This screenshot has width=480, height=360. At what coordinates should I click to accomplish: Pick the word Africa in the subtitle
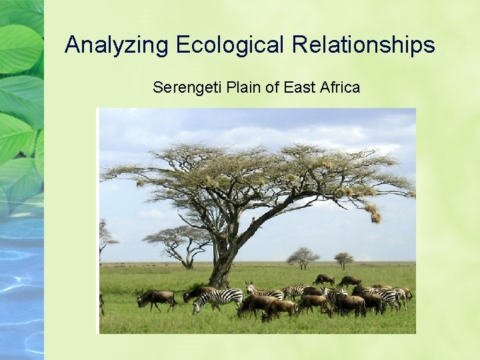[339, 87]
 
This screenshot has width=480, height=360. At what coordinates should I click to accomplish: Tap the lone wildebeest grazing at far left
[155, 299]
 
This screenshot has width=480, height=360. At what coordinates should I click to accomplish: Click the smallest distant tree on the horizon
[344, 259]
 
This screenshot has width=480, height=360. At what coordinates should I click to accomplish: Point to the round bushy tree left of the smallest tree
[303, 257]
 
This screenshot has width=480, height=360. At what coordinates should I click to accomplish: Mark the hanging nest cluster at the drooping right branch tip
[375, 215]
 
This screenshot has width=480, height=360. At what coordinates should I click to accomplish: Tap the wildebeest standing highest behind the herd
[325, 279]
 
